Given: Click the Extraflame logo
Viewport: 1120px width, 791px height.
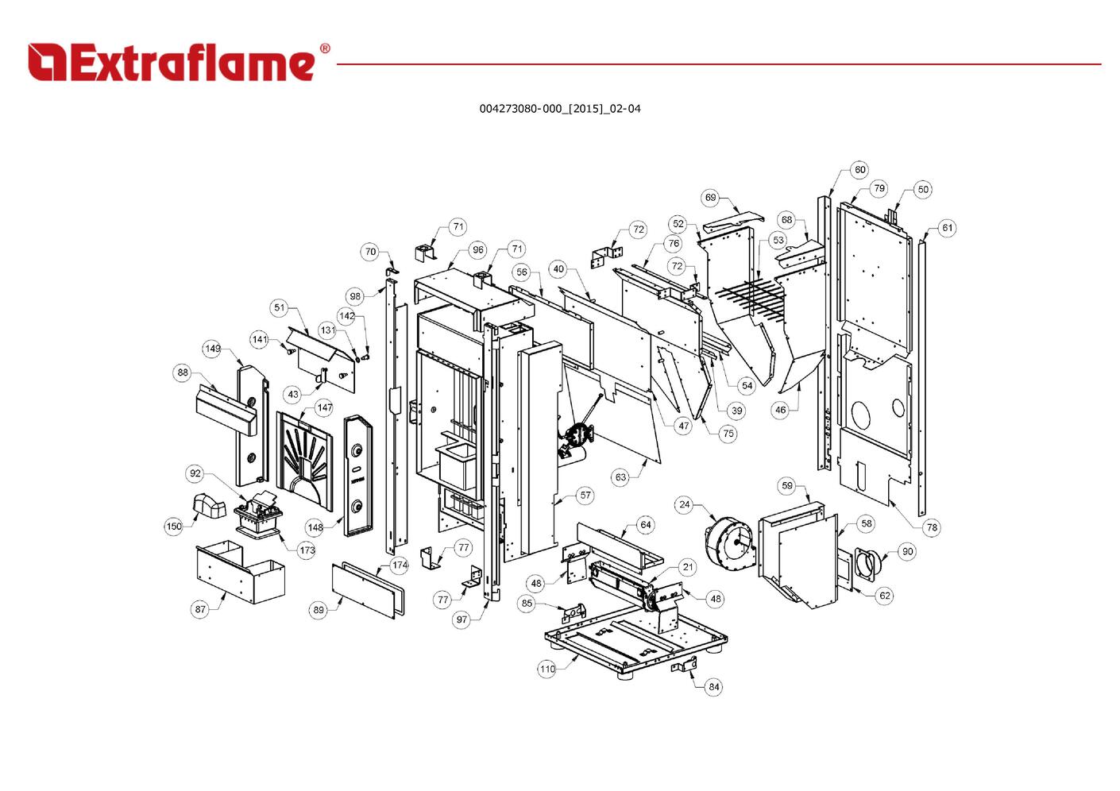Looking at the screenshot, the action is click(x=179, y=62).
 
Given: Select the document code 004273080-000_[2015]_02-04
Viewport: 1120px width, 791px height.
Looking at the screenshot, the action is click(x=560, y=109).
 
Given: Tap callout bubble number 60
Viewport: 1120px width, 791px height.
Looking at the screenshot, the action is click(x=859, y=169).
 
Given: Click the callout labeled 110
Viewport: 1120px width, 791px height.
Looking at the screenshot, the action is click(x=546, y=669).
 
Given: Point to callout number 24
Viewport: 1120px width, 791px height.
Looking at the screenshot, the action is click(x=684, y=504).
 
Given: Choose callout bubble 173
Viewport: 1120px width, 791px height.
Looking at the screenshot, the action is click(x=307, y=550).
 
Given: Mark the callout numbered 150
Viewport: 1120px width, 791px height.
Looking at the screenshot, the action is click(x=173, y=526).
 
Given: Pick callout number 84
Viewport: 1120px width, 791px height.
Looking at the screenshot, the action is click(x=713, y=687).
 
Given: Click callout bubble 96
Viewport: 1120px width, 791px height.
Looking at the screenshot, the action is click(x=478, y=250).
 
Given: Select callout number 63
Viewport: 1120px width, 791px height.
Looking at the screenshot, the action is click(x=620, y=477).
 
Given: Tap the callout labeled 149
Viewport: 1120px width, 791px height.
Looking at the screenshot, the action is click(x=213, y=349).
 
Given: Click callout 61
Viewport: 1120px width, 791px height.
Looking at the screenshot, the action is click(x=947, y=228).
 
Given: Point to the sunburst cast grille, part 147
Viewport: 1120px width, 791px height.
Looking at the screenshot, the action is click(x=305, y=460).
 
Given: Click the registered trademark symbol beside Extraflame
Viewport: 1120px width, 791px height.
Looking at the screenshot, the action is click(x=325, y=48).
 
